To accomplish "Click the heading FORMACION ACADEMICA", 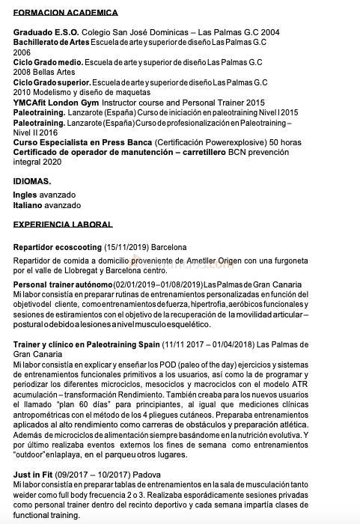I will point(66,13).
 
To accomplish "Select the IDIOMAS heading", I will point(32,181).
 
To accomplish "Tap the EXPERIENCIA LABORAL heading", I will point(63,224).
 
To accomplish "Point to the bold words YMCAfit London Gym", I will point(55,103).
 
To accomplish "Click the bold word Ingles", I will point(25,195).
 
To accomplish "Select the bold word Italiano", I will point(27,205).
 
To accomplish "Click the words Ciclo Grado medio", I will point(48,62).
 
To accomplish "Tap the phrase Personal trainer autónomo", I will point(62,284).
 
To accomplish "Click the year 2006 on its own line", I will point(22,52).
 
